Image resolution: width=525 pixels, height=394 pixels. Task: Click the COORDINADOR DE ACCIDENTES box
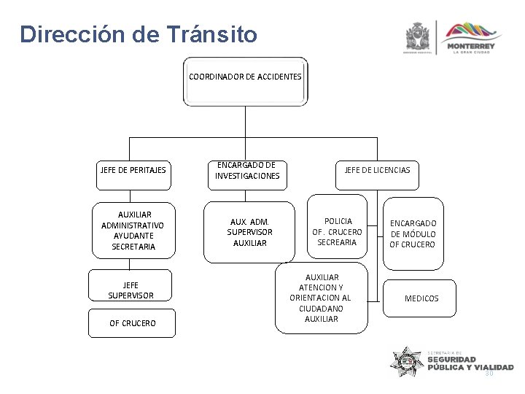pyautogui.click(x=245, y=77)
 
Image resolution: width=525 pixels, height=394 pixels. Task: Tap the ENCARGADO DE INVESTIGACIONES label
pyautogui.click(x=247, y=170)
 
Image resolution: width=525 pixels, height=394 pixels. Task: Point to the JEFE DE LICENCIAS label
pyautogui.click(x=377, y=170)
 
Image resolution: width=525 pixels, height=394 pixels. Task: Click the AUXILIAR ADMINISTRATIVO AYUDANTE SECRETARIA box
pyautogui.click(x=133, y=231)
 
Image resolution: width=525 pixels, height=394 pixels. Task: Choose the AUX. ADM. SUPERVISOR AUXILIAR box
pyautogui.click(x=249, y=231)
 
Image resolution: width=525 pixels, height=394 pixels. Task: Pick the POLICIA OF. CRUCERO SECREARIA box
pyautogui.click(x=337, y=231)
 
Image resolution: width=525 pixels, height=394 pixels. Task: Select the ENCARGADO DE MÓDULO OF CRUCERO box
pyautogui.click(x=413, y=233)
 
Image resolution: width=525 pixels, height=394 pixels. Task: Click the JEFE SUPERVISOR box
pyautogui.click(x=131, y=290)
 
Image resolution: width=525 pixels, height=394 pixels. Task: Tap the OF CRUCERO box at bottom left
pyautogui.click(x=132, y=322)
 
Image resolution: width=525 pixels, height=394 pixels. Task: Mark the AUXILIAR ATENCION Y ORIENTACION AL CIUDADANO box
pyautogui.click(x=320, y=298)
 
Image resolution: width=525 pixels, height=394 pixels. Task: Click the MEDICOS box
pyautogui.click(x=421, y=298)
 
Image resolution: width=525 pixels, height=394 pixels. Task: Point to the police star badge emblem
pyautogui.click(x=407, y=361)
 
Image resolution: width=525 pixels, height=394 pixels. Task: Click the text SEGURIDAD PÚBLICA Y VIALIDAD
pyautogui.click(x=470, y=363)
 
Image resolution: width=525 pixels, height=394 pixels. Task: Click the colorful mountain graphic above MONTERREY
pyautogui.click(x=474, y=31)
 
